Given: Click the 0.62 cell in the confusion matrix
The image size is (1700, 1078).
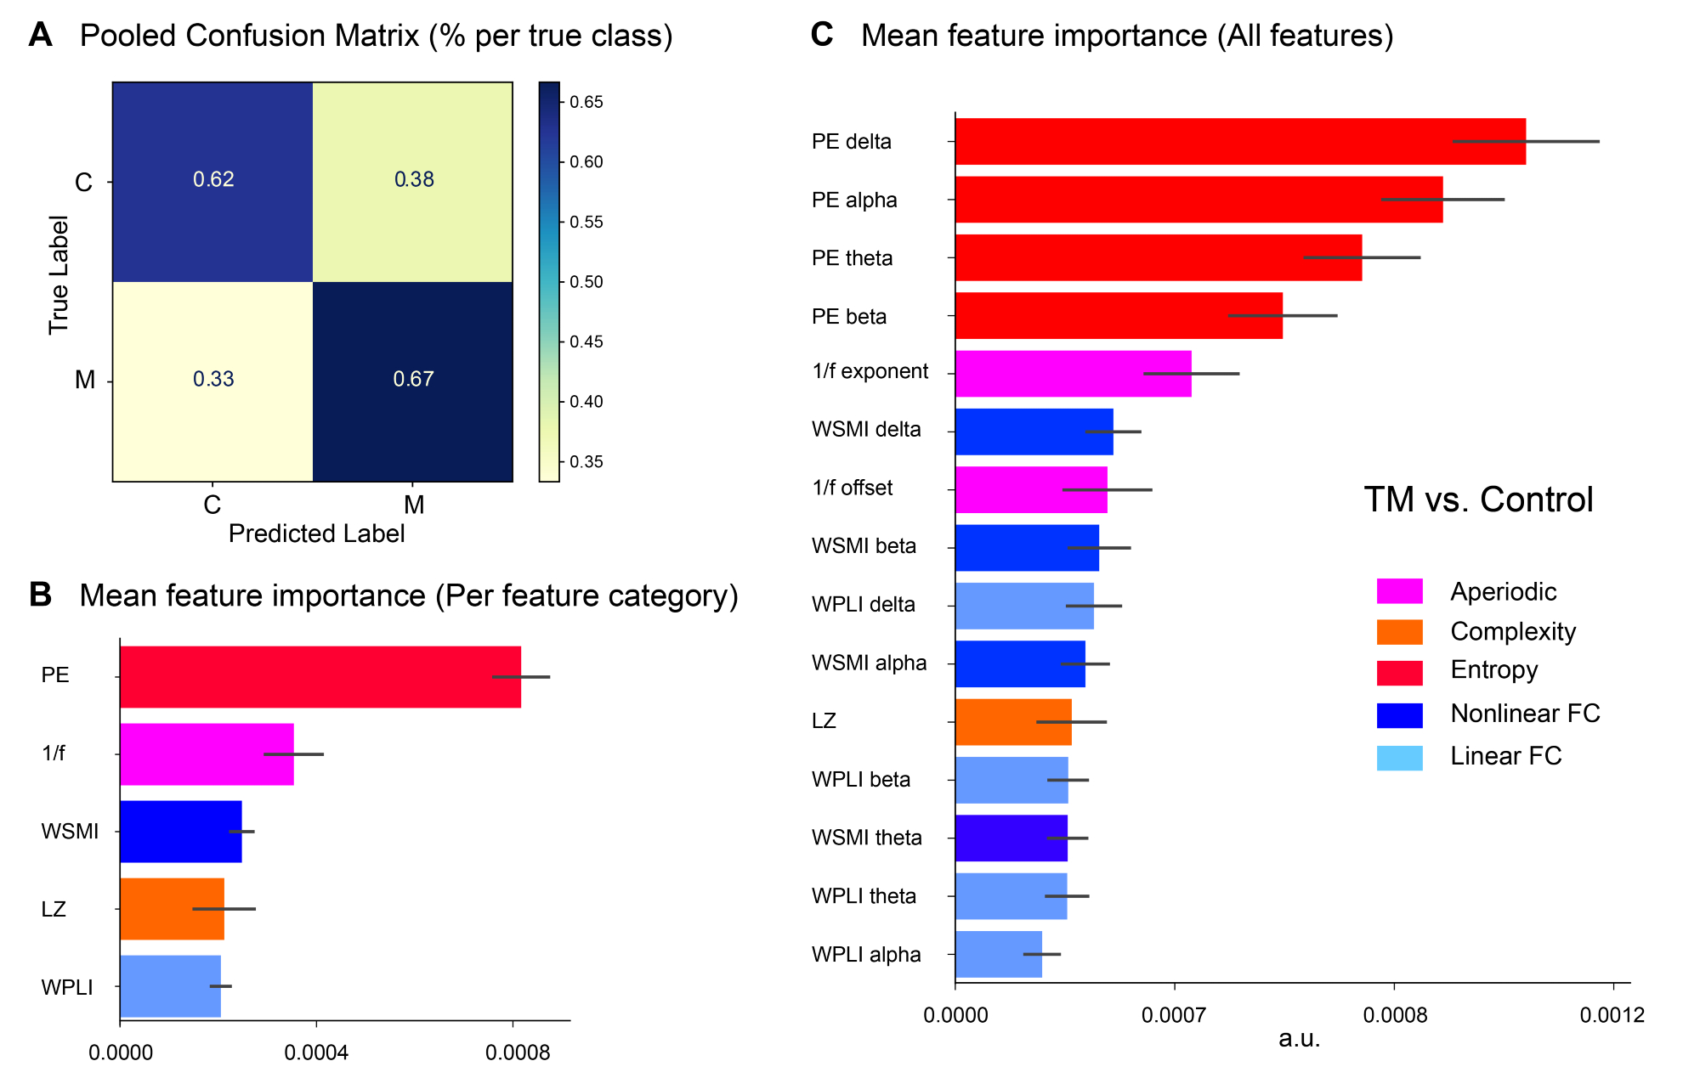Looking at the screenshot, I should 212,180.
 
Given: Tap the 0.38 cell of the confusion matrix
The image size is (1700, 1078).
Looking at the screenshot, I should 413,180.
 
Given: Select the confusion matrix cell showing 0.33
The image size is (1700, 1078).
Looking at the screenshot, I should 212,380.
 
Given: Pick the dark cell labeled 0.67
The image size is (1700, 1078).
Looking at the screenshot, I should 413,380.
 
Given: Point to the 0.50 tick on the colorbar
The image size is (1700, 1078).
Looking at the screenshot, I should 586,282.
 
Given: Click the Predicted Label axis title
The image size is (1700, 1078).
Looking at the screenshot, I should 316,533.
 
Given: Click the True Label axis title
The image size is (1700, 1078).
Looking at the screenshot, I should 58,274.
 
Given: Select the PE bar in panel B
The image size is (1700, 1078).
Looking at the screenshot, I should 320,677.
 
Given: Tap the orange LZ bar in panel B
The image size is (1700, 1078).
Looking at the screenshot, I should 172,909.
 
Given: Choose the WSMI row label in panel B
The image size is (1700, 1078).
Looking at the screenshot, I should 70,832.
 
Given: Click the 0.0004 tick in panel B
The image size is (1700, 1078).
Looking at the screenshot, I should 316,1053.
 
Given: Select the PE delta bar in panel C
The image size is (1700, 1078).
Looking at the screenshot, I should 1239,141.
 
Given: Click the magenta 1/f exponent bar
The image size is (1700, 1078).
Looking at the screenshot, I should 1073,374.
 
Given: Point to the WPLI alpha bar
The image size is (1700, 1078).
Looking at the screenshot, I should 998,954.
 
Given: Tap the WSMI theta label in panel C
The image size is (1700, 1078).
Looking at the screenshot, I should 866,838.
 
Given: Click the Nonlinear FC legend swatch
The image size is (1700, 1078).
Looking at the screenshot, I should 1399,715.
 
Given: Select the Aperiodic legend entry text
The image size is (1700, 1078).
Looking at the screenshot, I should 1503,591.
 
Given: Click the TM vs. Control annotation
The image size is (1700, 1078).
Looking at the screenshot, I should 1478,499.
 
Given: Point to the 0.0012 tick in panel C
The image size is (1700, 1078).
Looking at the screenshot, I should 1612,1015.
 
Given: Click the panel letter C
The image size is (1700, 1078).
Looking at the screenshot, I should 822,35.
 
